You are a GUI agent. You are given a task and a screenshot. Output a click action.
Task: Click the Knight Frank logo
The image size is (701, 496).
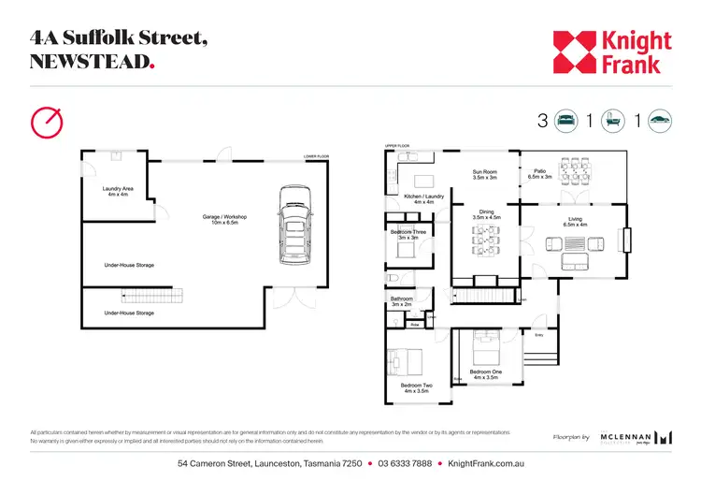611,52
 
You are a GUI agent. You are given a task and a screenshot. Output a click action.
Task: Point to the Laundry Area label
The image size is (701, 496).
118,192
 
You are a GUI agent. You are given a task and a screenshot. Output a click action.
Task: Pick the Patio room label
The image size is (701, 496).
540,174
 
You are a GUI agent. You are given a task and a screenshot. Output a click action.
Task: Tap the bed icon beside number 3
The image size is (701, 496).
566,120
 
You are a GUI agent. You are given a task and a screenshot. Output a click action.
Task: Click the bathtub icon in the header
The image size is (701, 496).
613,120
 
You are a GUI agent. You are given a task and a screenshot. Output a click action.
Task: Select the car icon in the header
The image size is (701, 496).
660,120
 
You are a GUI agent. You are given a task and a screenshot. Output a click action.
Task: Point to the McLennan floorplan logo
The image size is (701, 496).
636,436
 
